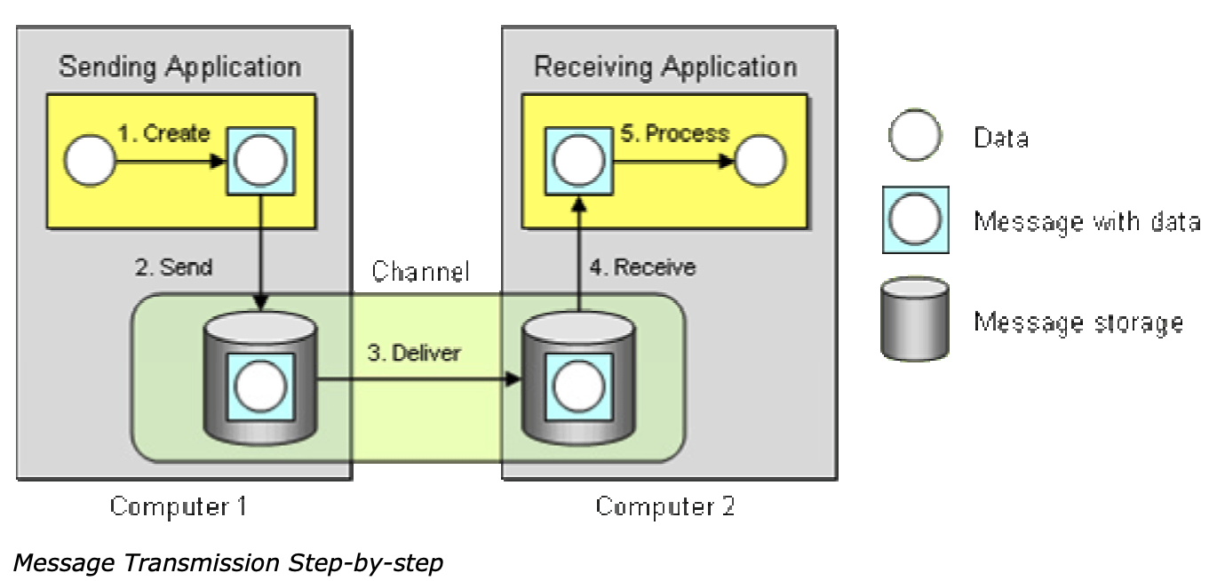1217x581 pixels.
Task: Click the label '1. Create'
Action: click(163, 134)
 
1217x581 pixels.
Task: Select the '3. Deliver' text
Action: click(415, 353)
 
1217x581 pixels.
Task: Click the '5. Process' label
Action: click(674, 134)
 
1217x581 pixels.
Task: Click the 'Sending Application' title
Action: click(179, 67)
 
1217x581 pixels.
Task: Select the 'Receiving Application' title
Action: click(665, 67)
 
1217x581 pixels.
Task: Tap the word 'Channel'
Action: click(420, 271)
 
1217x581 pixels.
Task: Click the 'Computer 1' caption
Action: click(178, 506)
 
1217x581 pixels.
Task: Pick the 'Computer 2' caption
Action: click(664, 506)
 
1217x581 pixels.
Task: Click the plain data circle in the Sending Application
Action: click(90, 162)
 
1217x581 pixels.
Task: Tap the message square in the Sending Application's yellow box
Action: click(261, 161)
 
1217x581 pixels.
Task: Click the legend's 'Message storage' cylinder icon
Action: click(914, 319)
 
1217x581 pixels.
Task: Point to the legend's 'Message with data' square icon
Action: click(915, 219)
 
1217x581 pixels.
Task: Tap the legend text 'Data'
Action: click(1000, 137)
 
